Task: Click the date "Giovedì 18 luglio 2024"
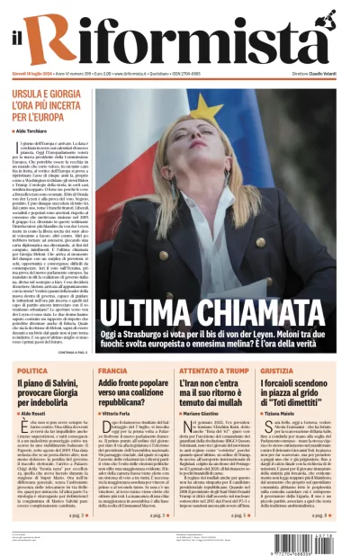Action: pyautogui.click(x=37, y=74)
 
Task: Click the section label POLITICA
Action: pyautogui.click(x=31, y=371)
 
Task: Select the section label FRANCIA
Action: pyautogui.click(x=113, y=371)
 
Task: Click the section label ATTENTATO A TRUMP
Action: pyautogui.click(x=209, y=371)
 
